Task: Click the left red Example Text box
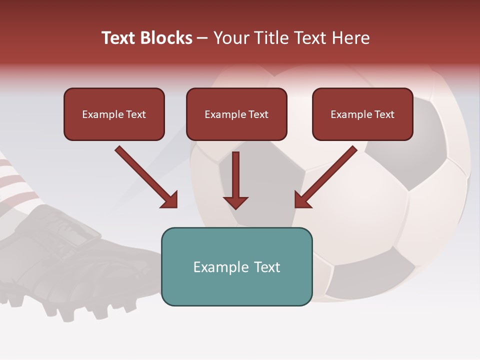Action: point(114,114)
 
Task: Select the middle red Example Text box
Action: point(236,114)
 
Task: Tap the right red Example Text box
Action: point(362,114)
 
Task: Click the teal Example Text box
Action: point(236,266)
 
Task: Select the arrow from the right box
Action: point(326,177)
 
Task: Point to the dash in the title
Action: point(202,38)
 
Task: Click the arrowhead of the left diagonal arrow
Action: point(170,200)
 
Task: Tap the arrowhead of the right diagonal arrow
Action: point(302,200)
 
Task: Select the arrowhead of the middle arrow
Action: point(235,202)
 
